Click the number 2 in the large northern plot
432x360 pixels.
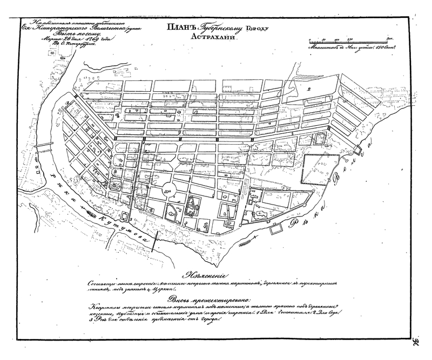[309, 89]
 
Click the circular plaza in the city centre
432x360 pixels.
[168, 189]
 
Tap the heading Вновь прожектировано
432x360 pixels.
[207, 300]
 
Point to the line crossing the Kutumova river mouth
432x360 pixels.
[155, 239]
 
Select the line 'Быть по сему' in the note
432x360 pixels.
[54, 34]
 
